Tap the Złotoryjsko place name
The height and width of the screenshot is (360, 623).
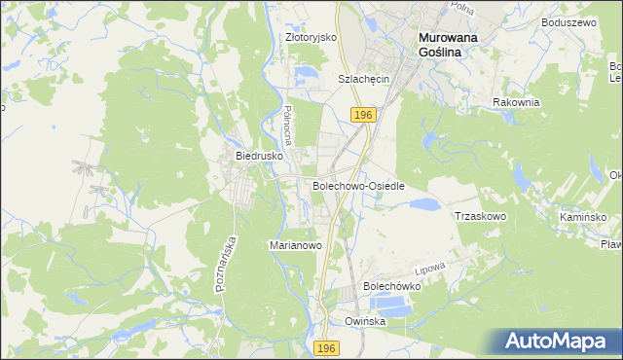click(x=311, y=37)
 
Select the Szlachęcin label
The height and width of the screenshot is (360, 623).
click(x=363, y=79)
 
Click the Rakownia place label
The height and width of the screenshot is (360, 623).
click(x=516, y=102)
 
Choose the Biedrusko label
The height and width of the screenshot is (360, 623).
click(x=259, y=155)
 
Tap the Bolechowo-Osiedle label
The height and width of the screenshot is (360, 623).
click(x=358, y=185)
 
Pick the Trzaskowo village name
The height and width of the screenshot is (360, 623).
click(x=481, y=216)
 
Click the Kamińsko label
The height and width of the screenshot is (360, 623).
click(x=583, y=216)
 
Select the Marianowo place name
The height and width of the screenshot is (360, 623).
click(x=295, y=246)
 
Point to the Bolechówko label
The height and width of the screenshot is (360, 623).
click(x=391, y=286)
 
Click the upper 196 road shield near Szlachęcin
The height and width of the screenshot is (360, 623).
click(x=363, y=115)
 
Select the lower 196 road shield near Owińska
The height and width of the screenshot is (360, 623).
click(x=327, y=347)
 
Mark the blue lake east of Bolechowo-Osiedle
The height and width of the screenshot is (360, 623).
click(x=423, y=204)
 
